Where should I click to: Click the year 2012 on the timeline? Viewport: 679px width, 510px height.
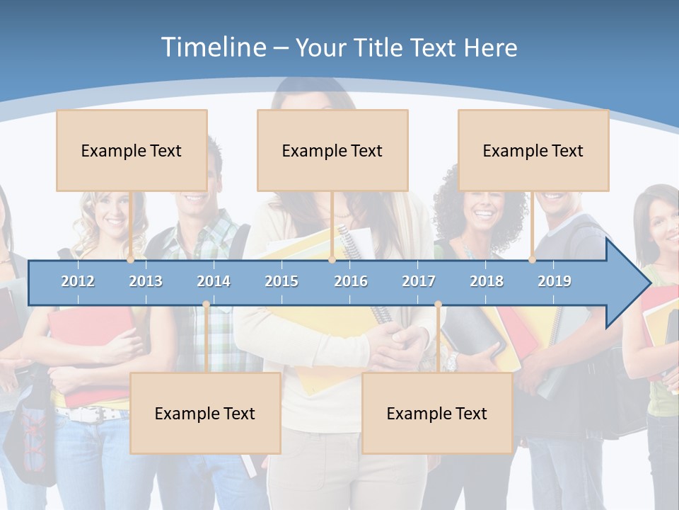tap(78, 281)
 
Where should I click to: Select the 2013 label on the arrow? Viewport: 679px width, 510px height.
tap(146, 281)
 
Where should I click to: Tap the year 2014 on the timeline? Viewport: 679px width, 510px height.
tap(214, 281)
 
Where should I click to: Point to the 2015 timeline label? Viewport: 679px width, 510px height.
tap(282, 281)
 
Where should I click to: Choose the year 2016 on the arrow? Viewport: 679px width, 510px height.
tap(351, 281)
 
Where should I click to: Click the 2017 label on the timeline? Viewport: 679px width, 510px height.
tap(419, 281)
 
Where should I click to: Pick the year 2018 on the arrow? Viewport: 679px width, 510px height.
tap(487, 281)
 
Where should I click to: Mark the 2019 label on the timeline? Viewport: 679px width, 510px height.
tap(555, 281)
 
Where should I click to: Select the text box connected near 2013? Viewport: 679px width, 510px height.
tap(132, 150)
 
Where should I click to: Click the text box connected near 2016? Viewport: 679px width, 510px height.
tap(332, 150)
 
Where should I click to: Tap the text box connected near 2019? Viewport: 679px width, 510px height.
tap(533, 150)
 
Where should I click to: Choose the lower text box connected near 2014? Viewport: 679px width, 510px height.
tap(205, 413)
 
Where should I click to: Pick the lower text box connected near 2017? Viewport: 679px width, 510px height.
tap(437, 413)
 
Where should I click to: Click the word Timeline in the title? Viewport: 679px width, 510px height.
tap(213, 47)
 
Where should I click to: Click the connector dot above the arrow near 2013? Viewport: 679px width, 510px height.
tap(131, 260)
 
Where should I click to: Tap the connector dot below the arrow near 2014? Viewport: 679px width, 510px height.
tap(206, 305)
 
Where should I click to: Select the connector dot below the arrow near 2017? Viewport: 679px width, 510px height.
tap(438, 305)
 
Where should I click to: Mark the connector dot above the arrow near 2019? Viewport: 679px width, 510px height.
tap(533, 260)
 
